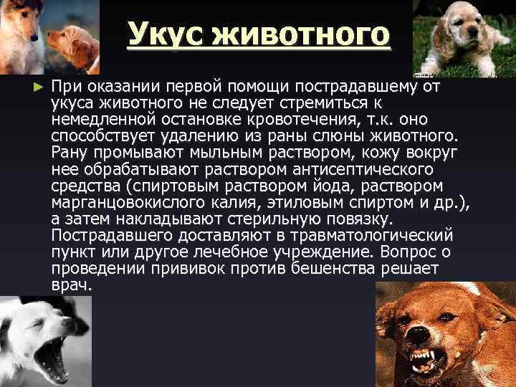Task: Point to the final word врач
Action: tap(72, 285)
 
